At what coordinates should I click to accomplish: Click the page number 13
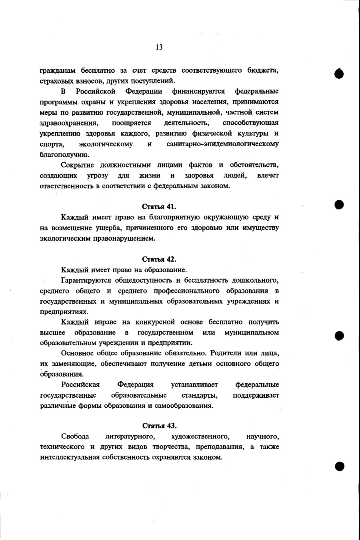point(159,47)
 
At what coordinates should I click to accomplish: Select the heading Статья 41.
point(159,207)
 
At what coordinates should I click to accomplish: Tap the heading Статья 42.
point(159,259)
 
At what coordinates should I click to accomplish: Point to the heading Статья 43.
point(159,426)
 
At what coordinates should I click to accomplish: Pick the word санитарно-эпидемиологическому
point(222,144)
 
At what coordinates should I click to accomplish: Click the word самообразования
point(183,406)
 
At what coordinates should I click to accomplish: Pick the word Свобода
point(75,436)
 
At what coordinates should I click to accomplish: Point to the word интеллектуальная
point(70,457)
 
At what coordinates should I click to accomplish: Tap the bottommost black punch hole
point(340,466)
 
